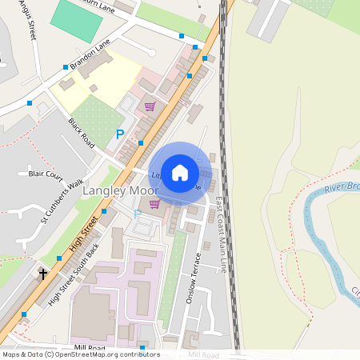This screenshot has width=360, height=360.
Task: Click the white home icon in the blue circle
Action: click(x=180, y=171)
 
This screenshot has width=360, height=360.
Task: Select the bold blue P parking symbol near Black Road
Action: click(x=120, y=134)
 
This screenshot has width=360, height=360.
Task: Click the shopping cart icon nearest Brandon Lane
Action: click(x=150, y=106)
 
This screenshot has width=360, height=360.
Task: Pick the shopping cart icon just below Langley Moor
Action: click(x=154, y=204)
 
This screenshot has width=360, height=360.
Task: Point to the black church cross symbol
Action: click(x=42, y=274)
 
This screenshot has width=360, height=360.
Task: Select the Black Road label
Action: click(x=82, y=134)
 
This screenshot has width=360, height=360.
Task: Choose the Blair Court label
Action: click(x=45, y=173)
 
